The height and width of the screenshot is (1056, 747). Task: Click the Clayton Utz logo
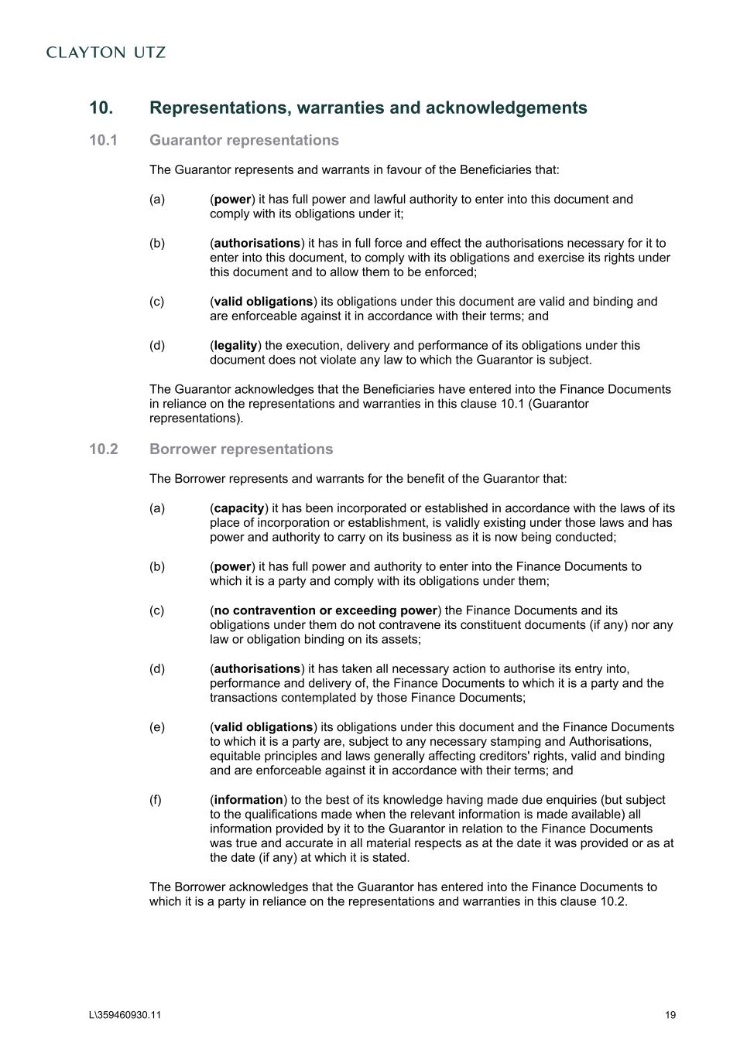[106, 53]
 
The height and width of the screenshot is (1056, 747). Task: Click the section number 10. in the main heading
[101, 108]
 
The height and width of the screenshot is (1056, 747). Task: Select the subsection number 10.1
[103, 140]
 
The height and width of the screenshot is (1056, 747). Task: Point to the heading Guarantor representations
[244, 140]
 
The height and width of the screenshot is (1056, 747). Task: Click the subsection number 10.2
[103, 449]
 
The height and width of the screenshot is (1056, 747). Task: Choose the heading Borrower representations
[241, 449]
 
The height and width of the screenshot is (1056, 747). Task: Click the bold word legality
[235, 346]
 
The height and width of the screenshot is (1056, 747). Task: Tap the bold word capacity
[239, 508]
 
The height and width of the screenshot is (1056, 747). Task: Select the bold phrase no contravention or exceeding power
[325, 610]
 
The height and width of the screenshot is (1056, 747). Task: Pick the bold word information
[248, 800]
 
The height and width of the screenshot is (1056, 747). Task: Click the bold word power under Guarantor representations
[232, 200]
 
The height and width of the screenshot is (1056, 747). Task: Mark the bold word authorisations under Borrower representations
[257, 669]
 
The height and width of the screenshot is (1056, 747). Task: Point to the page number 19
[670, 1016]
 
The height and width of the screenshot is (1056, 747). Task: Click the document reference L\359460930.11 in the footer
[125, 1016]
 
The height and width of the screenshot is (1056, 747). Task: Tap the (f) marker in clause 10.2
[156, 800]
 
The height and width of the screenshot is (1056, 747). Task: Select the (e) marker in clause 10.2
[157, 727]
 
